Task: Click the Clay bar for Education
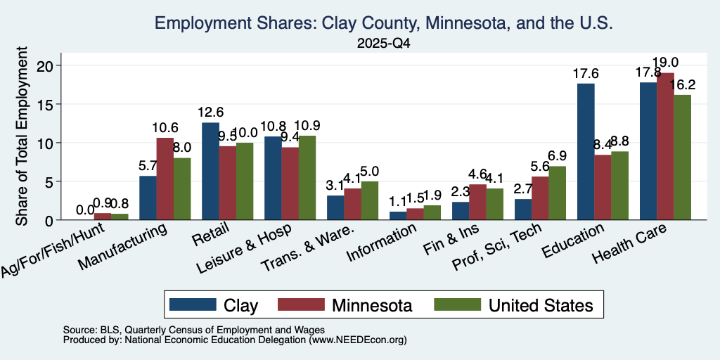586,152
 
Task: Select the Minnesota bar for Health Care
665,146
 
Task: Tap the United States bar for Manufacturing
182,188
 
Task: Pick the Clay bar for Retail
210,172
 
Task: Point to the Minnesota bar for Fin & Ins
477,202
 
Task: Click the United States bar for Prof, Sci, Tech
557,193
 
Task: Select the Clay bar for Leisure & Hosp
273,178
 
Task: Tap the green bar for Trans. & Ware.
370,200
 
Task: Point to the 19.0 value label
666,63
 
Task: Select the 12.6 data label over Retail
210,112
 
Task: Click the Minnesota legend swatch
301,305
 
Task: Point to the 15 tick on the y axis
50,104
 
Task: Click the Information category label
381,243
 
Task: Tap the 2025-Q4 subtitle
383,44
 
